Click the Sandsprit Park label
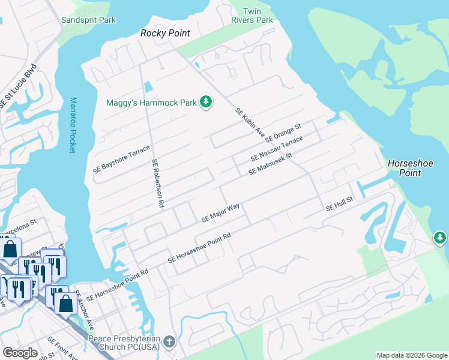88,20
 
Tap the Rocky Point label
165,34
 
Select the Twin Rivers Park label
252,16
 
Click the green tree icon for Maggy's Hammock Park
206,102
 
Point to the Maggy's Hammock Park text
151,103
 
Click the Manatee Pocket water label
73,125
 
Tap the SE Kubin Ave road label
250,122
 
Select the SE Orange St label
282,136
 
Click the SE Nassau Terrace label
277,149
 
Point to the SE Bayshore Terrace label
121,159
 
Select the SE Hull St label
340,205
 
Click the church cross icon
169,343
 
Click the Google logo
19,353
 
